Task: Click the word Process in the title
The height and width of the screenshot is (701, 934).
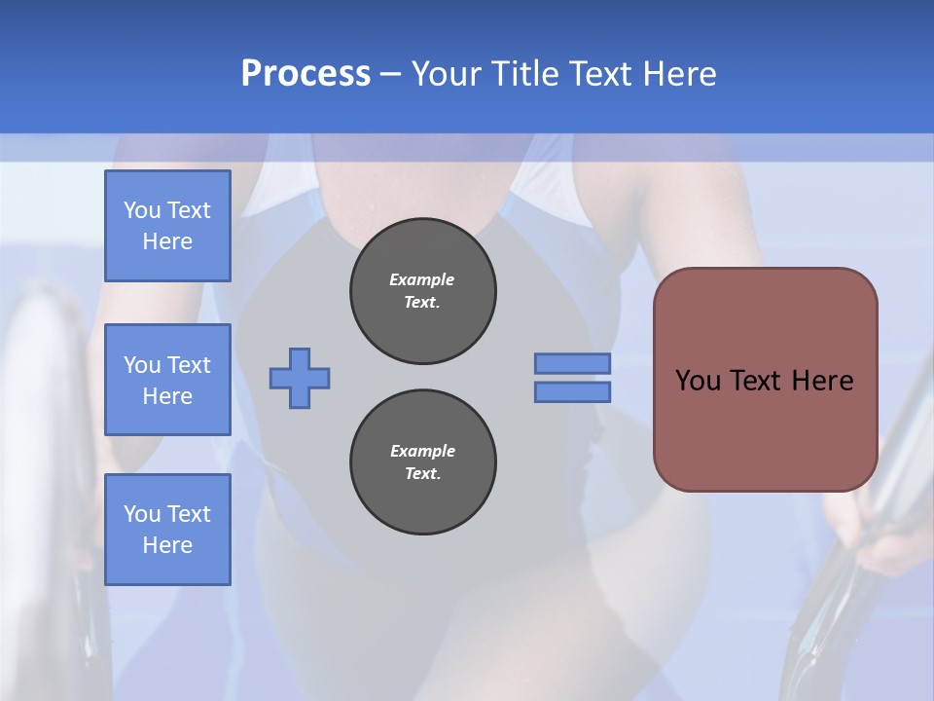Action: pyautogui.click(x=305, y=74)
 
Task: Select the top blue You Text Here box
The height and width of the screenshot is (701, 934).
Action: pyautogui.click(x=167, y=226)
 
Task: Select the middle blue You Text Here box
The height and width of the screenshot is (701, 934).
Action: pyautogui.click(x=167, y=380)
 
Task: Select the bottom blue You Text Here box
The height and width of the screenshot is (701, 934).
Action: pyautogui.click(x=167, y=529)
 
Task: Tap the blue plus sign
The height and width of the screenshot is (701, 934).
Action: pyautogui.click(x=300, y=378)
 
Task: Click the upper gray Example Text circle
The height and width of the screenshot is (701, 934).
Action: pyautogui.click(x=422, y=291)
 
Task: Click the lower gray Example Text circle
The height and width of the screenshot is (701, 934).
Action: pyautogui.click(x=422, y=462)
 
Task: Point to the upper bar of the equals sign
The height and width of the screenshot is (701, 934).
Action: pyautogui.click(x=572, y=363)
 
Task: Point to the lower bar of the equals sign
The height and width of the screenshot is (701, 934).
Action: pyautogui.click(x=572, y=391)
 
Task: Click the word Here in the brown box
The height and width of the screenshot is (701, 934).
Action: pyautogui.click(x=822, y=381)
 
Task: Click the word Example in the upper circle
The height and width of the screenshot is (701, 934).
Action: pyautogui.click(x=422, y=279)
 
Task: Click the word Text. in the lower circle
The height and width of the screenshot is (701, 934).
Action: pyautogui.click(x=422, y=474)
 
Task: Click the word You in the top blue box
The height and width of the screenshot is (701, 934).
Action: pyautogui.click(x=142, y=210)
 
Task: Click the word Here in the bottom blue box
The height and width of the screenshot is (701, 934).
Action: pyautogui.click(x=167, y=545)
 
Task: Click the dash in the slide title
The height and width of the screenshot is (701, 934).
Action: pyautogui.click(x=391, y=74)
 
